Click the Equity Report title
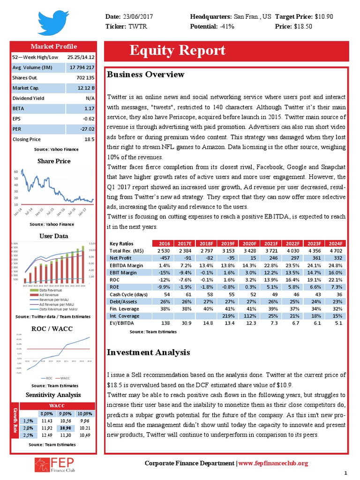(177, 51)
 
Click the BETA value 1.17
(88, 108)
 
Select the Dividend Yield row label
(28, 98)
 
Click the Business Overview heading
(146, 75)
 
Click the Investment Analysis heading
(149, 352)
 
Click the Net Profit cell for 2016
(164, 258)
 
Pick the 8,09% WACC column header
(46, 413)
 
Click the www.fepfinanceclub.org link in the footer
(273, 464)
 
